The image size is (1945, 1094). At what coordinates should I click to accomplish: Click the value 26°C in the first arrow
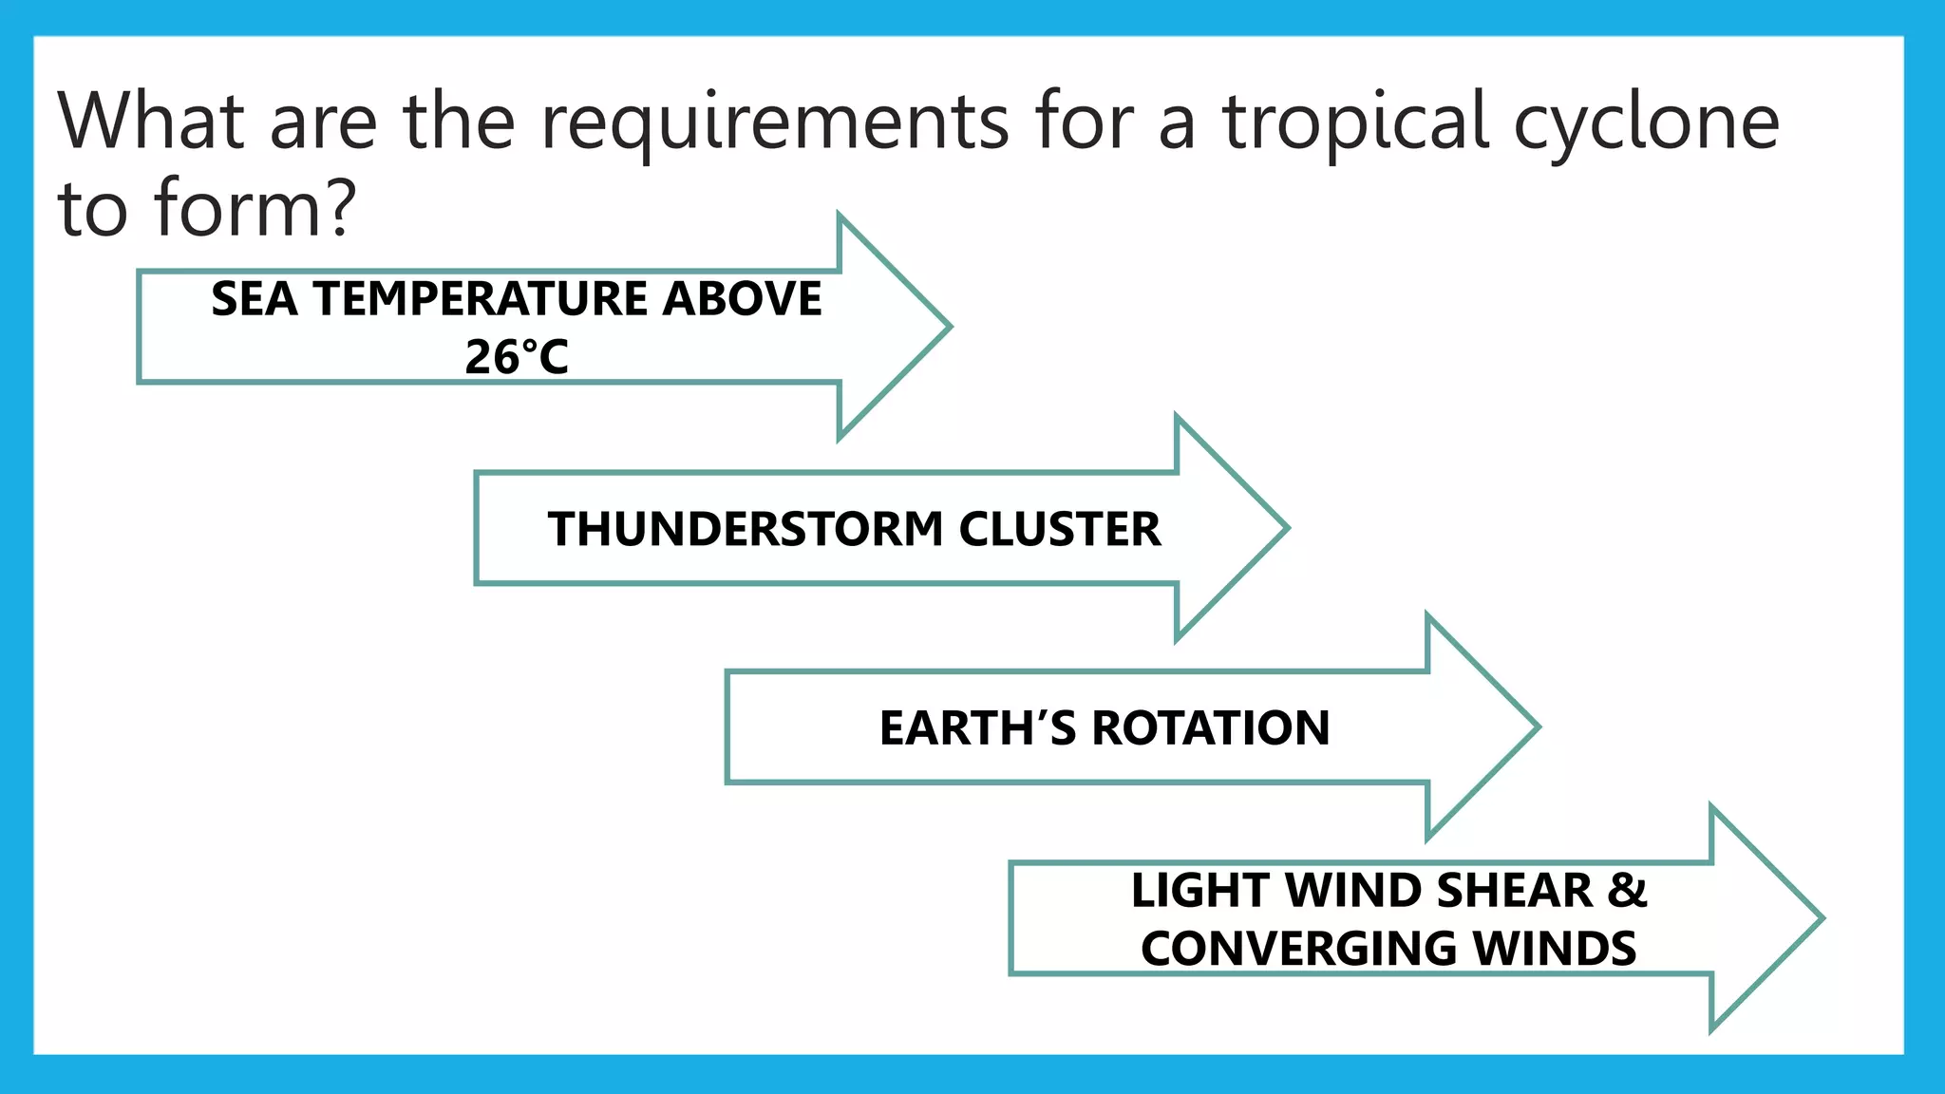(516, 358)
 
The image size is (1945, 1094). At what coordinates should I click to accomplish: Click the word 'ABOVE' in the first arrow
(742, 299)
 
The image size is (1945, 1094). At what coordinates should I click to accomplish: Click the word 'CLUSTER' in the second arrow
(1059, 529)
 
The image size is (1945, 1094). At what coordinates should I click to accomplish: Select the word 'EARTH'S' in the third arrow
(977, 728)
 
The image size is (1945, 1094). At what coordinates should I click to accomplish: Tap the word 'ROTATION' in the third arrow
(1210, 728)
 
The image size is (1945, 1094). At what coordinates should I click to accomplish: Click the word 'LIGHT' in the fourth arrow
(1200, 891)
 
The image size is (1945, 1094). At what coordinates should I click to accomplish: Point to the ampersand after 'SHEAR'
(1627, 891)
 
